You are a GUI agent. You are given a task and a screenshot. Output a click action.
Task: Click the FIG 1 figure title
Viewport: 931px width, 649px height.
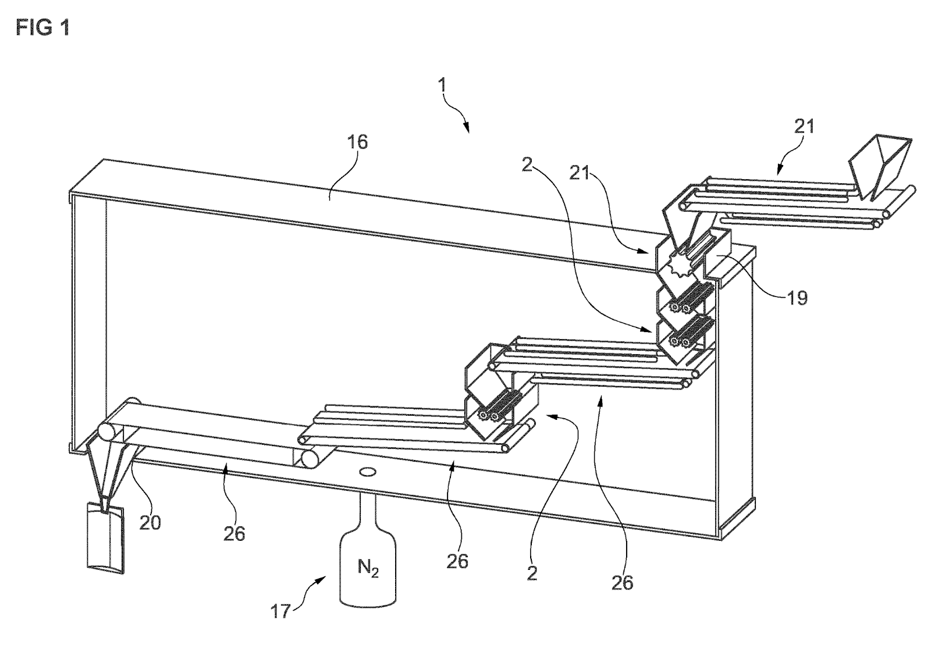(42, 27)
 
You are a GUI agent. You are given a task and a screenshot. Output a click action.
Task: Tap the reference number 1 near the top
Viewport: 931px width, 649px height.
(442, 85)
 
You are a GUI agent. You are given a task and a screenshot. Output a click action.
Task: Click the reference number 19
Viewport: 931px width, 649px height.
(798, 298)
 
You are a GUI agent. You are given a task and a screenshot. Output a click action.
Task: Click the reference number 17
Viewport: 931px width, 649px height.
(282, 612)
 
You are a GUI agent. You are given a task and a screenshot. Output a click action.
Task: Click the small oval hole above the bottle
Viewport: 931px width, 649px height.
(368, 472)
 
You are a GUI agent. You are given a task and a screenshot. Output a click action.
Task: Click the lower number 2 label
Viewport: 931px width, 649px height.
(531, 573)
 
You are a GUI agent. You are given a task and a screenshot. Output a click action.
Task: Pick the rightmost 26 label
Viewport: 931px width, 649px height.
(622, 581)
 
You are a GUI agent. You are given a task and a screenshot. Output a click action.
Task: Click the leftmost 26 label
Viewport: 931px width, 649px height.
(234, 533)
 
